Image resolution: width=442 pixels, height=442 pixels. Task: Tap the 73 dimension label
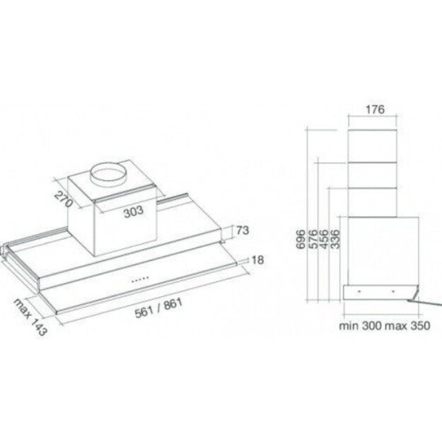[x=243, y=231]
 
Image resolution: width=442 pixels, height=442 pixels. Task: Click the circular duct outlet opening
[x=110, y=174]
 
